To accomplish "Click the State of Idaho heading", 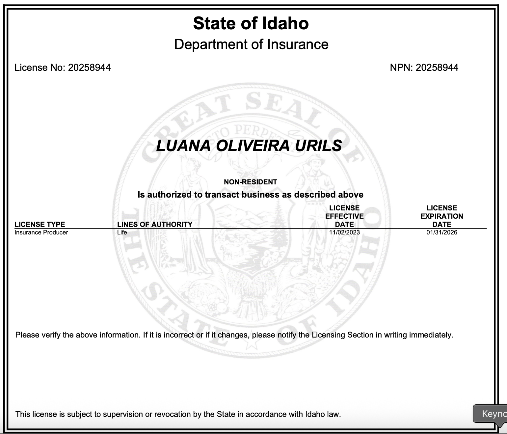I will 251,24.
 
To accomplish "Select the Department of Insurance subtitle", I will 251,44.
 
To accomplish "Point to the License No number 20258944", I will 89,68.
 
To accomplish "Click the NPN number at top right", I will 437,68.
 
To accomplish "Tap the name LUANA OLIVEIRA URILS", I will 249,146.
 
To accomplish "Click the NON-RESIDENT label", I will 250,182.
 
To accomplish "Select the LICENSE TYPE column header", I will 40,224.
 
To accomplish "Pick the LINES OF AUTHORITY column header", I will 155,224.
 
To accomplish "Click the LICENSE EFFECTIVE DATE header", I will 344,216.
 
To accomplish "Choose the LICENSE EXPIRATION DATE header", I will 441,216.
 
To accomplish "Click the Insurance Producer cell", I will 41,232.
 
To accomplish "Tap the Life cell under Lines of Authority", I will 122,232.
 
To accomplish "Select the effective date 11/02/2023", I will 344,232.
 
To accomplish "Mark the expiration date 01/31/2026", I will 441,232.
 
